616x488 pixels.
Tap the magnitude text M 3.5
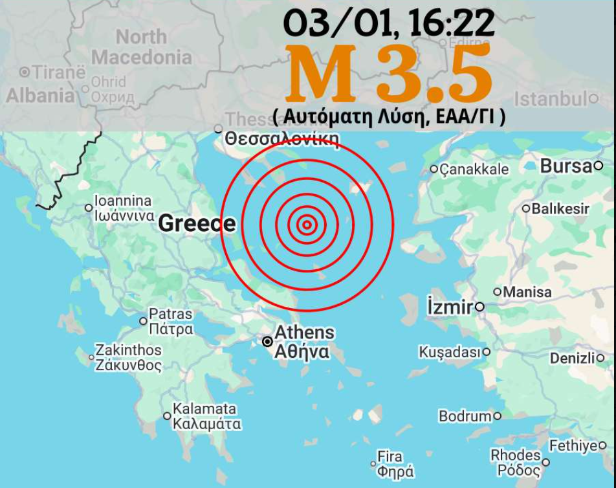pos(388,74)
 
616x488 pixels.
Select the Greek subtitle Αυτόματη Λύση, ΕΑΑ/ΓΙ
pos(389,117)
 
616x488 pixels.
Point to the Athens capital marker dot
pos(267,342)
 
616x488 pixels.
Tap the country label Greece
pos(197,223)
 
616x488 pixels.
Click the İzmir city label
pos(450,307)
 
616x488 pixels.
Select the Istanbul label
pos(551,99)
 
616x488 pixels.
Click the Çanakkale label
pos(474,170)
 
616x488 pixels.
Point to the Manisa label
pos(527,292)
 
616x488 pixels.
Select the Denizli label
pos(572,358)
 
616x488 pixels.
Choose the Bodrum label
pos(465,416)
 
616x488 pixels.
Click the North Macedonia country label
pos(142,47)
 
